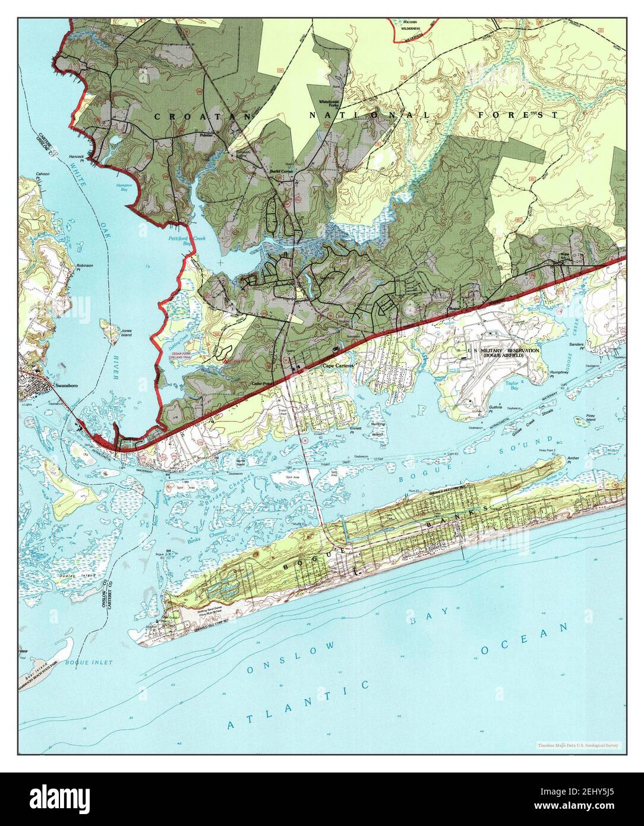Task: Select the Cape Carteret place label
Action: click(x=337, y=366)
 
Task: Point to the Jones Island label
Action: click(x=126, y=333)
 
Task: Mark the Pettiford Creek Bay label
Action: click(x=178, y=240)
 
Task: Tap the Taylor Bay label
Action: click(x=512, y=385)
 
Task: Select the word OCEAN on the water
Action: click(x=524, y=639)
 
